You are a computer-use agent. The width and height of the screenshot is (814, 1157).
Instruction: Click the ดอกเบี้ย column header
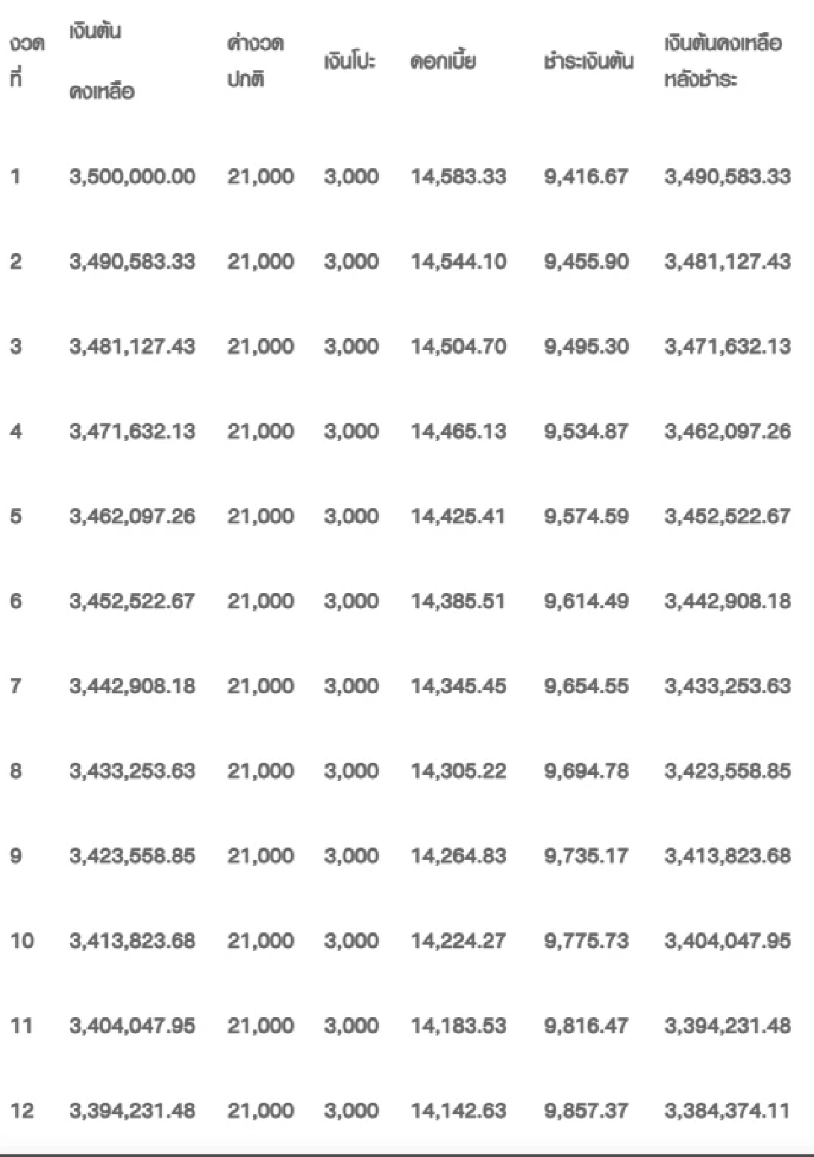[x=443, y=62]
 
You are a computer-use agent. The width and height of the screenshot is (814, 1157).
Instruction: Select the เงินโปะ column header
[x=349, y=62]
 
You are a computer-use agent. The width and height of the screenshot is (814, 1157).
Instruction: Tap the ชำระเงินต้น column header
[x=588, y=62]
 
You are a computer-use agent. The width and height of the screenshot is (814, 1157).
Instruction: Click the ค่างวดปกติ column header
[x=255, y=62]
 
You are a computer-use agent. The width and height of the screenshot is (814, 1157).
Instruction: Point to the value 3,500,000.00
[x=132, y=176]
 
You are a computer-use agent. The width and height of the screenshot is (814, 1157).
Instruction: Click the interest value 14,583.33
[x=458, y=176]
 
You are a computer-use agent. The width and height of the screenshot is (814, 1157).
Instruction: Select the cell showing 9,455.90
[x=586, y=261]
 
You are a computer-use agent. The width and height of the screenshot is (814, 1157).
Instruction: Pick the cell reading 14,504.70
[x=458, y=346]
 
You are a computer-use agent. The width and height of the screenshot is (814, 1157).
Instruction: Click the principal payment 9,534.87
[x=586, y=431]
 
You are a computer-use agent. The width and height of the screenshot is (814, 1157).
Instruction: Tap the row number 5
[x=16, y=516]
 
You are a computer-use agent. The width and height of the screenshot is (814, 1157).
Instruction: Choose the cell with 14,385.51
[x=458, y=601]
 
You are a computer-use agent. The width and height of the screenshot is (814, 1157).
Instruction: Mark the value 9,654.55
[x=586, y=685]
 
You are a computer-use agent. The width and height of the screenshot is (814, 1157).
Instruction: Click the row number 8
[x=16, y=771]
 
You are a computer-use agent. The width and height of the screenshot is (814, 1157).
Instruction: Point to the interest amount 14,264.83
[x=458, y=856]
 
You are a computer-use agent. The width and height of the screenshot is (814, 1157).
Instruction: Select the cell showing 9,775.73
[x=586, y=941]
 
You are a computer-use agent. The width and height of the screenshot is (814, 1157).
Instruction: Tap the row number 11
[x=21, y=1025]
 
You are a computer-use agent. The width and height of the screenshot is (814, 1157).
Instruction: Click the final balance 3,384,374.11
[x=727, y=1110]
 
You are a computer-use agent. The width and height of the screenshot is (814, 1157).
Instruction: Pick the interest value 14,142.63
[x=458, y=1110]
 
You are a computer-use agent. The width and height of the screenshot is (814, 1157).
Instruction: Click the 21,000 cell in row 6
[x=260, y=601]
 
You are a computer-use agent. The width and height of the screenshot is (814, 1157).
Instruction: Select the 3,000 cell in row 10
[x=351, y=941]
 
